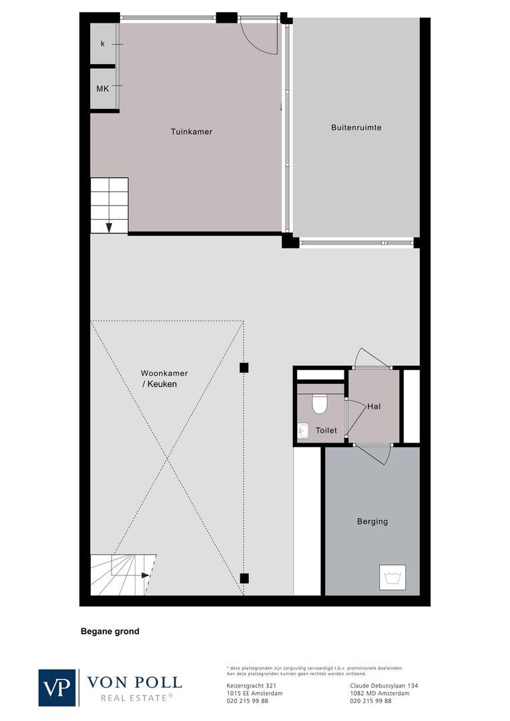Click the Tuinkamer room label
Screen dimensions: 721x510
(191, 132)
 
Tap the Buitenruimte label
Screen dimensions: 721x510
(356, 127)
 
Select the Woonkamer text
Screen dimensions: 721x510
(164, 373)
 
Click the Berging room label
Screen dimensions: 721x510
(372, 521)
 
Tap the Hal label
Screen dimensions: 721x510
(374, 406)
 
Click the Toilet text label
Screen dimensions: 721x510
(326, 431)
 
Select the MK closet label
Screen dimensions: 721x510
(102, 88)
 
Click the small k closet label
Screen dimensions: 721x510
(102, 43)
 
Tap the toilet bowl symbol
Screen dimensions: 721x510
(319, 403)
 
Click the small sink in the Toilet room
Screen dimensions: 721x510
(303, 431)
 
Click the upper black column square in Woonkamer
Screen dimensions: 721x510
(244, 367)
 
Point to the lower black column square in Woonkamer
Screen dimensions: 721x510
(244, 578)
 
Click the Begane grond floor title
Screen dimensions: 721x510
(110, 631)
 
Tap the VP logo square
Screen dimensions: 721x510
(57, 687)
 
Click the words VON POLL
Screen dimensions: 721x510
(134, 682)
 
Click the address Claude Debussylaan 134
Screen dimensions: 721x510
(384, 686)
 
